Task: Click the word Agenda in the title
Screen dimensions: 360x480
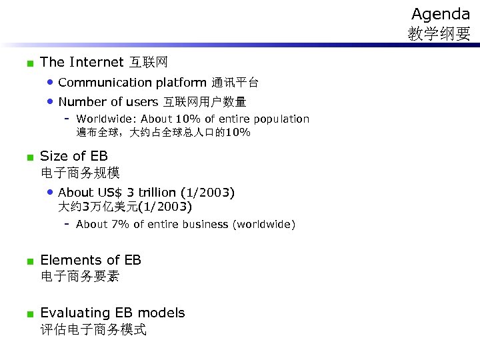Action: [440, 14]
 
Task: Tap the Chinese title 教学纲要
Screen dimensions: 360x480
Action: [439, 34]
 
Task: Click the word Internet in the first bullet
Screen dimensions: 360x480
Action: [96, 63]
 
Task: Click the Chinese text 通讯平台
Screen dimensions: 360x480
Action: [235, 83]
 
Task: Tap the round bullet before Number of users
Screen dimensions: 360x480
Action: [50, 102]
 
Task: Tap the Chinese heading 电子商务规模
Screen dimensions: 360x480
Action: [80, 173]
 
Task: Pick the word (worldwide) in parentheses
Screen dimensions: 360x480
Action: [263, 225]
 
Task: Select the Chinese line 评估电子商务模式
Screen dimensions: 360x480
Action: [93, 329]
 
